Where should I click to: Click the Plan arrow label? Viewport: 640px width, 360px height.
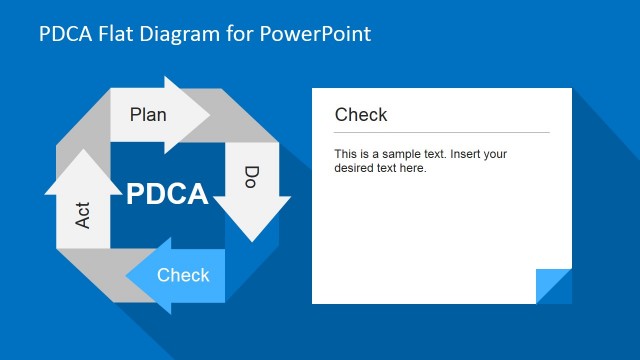(148, 114)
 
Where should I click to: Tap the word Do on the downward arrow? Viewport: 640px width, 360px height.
(251, 178)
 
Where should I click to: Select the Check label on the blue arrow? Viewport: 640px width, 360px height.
(183, 275)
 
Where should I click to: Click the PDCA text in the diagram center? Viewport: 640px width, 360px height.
(167, 194)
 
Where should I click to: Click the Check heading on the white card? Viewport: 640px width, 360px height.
(361, 115)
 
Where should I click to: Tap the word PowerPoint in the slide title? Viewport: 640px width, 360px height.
(315, 34)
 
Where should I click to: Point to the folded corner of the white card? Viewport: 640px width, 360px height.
(553, 286)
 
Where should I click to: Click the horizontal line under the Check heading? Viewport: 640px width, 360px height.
(441, 132)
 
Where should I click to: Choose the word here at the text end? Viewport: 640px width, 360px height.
(413, 168)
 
